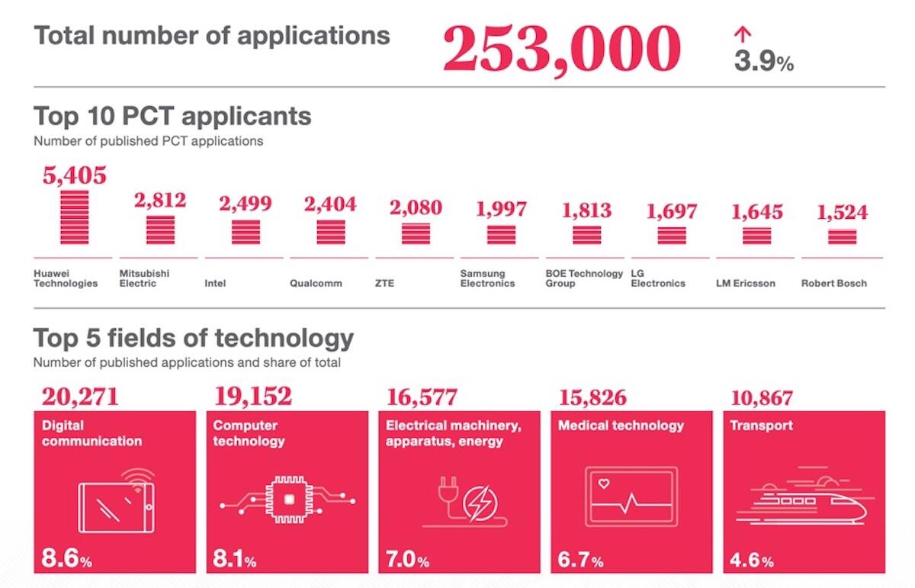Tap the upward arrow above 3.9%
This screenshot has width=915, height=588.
743,34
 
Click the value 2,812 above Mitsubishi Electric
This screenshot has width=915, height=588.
160,201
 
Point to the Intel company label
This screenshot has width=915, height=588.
216,283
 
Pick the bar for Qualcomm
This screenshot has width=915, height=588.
330,231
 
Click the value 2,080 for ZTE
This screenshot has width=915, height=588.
416,207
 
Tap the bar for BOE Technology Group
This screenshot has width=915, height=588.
586,234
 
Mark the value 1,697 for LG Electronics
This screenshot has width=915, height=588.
672,211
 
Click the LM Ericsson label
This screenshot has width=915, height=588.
745,283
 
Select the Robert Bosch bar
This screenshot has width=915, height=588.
842,236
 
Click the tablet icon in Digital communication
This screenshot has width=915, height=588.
116,506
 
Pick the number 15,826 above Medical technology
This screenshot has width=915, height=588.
592,397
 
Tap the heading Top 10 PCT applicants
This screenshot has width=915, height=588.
172,116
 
